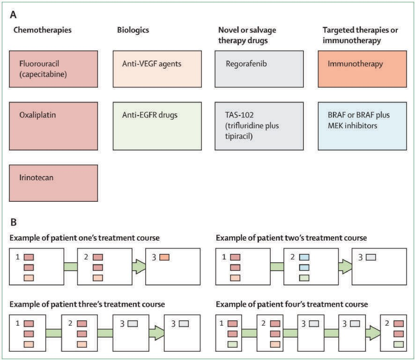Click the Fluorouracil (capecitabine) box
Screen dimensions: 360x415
53,69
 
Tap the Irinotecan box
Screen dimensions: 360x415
53,183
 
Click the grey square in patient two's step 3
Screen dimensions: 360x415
371,257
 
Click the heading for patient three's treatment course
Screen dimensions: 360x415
87,304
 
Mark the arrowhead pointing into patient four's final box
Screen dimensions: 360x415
373,333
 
